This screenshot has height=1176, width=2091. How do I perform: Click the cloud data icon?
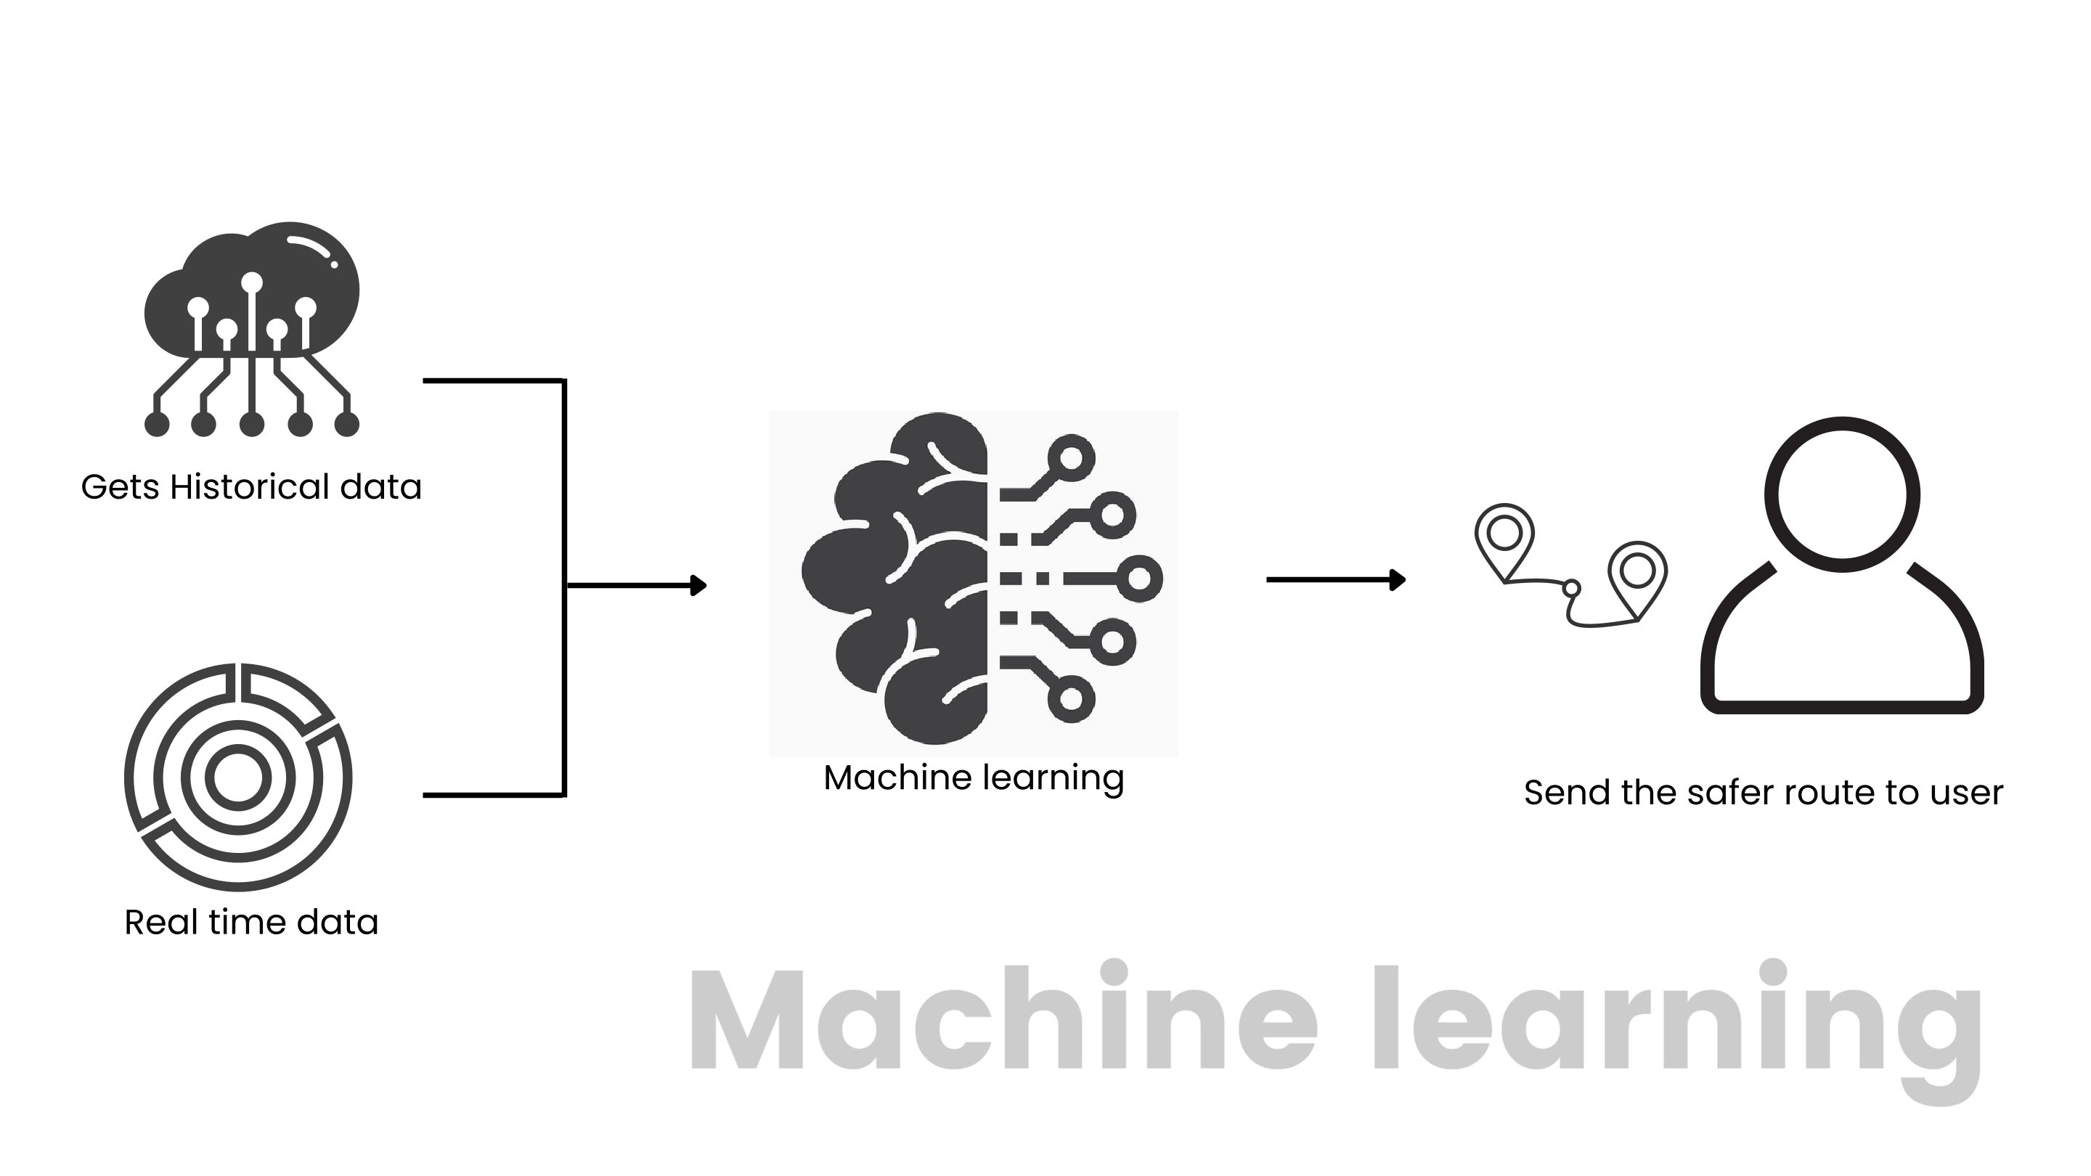(x=252, y=324)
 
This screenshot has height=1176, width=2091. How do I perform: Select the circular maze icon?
(x=238, y=777)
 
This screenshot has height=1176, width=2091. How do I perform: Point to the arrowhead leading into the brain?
(x=698, y=585)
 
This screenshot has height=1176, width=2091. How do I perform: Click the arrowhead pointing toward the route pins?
(x=1398, y=579)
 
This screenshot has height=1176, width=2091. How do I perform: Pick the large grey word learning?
(x=1697, y=1023)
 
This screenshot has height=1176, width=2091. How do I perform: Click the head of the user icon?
(x=1842, y=494)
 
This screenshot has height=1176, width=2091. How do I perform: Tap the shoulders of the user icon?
(x=1842, y=649)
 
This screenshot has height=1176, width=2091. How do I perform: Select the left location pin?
(x=1504, y=537)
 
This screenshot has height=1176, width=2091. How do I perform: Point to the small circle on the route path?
(x=1571, y=587)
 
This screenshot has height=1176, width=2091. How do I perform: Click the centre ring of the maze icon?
(x=238, y=777)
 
